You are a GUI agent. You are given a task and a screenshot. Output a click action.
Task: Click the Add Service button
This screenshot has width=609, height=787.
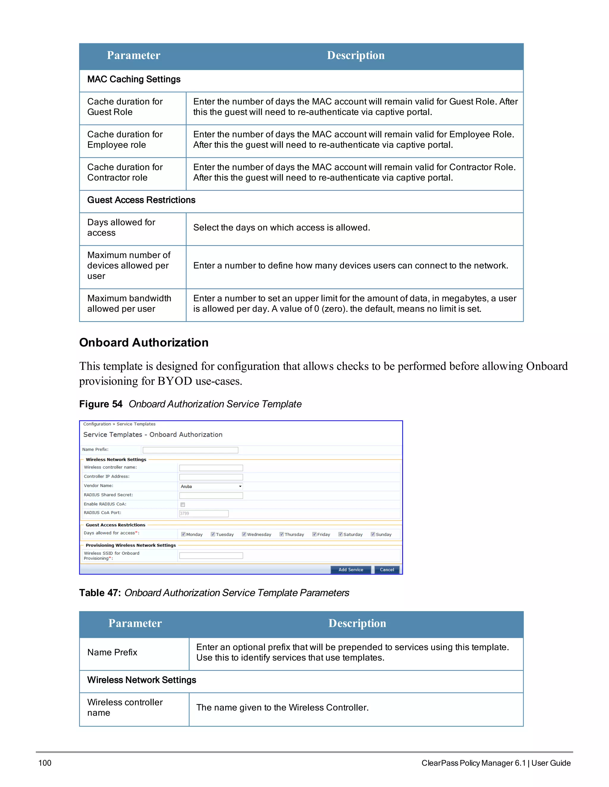click(350, 570)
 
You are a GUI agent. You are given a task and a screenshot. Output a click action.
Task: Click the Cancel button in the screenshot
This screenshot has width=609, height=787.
click(387, 570)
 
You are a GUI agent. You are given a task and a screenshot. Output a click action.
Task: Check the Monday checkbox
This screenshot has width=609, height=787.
click(183, 534)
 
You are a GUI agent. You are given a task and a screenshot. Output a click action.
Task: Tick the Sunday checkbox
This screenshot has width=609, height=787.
click(373, 534)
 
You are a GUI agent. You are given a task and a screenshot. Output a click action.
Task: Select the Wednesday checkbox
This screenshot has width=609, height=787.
click(244, 534)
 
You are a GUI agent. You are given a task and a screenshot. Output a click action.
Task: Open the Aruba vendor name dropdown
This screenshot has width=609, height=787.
click(211, 486)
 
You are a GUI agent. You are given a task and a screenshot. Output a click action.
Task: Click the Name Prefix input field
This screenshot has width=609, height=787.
click(190, 450)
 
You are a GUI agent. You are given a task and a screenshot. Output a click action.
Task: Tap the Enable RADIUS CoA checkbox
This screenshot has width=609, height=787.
click(183, 505)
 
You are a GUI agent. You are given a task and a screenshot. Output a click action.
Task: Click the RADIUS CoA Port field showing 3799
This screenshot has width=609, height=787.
click(204, 513)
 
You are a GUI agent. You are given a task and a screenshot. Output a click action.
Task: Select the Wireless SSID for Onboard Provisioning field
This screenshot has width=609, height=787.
click(211, 556)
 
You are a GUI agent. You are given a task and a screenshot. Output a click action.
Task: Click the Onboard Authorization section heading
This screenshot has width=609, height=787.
click(144, 342)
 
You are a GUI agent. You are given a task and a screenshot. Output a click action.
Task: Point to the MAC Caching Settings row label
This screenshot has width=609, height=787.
click(134, 79)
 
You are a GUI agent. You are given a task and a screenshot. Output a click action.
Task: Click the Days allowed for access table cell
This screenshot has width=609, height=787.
click(121, 227)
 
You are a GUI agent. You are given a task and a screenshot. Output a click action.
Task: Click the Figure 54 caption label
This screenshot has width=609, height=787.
click(101, 404)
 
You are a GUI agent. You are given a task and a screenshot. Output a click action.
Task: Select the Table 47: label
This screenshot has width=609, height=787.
click(100, 593)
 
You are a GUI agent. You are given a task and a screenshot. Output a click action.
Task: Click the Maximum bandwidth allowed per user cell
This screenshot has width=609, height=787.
click(129, 304)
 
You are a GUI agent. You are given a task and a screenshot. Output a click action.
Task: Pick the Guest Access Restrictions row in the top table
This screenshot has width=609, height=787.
click(141, 200)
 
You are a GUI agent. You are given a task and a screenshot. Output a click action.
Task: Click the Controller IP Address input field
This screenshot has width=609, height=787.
click(211, 477)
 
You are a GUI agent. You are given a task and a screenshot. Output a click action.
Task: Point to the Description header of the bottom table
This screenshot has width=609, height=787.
click(357, 623)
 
